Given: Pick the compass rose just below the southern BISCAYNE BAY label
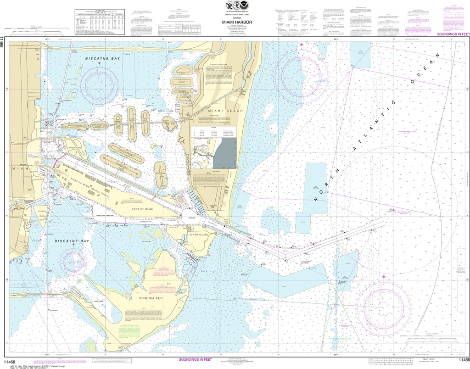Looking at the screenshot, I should tap(73, 261).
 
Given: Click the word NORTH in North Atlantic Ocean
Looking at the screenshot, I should tap(329, 185).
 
